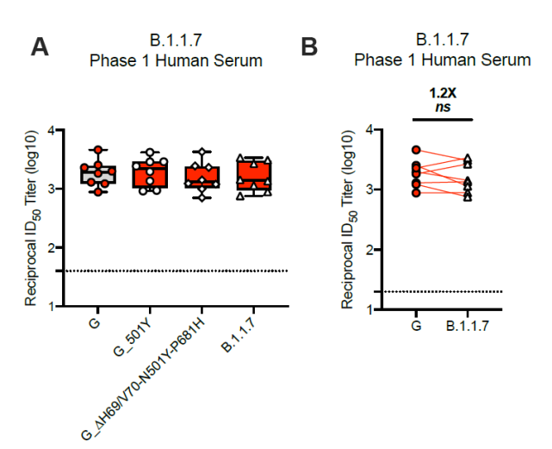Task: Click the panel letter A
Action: (40, 47)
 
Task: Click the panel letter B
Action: (309, 47)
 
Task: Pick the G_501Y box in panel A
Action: (151, 175)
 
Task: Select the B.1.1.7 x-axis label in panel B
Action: (468, 326)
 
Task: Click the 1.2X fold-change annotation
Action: (442, 91)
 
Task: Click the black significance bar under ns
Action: (442, 118)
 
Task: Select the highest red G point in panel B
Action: (417, 150)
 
